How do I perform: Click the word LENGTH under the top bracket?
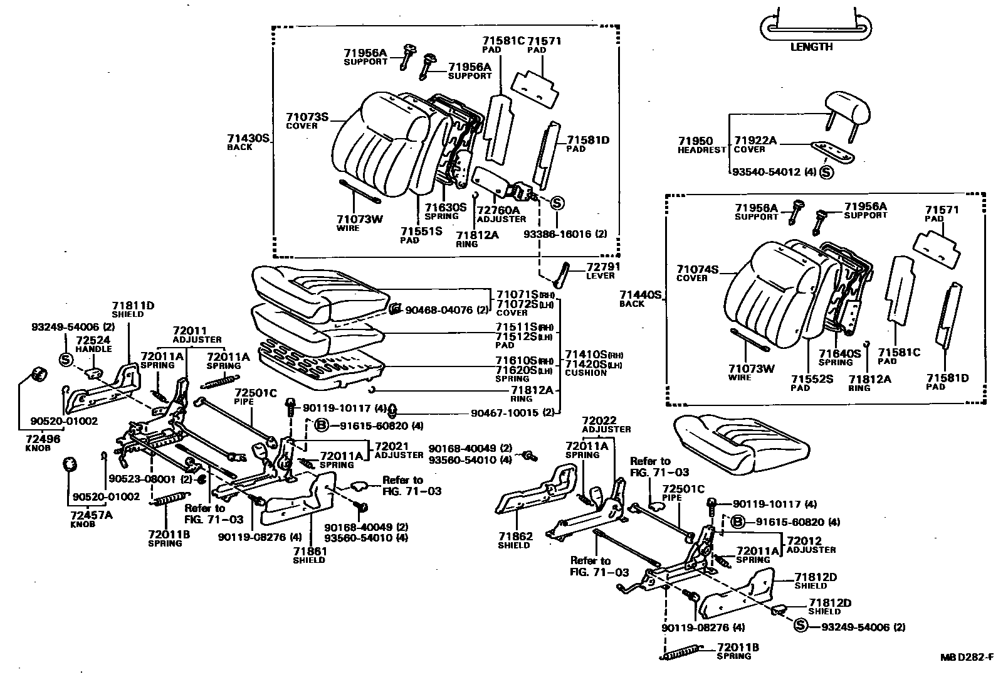click(811, 47)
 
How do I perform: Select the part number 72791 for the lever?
click(602, 267)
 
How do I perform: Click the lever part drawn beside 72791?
click(562, 274)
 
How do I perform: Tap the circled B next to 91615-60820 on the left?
click(321, 425)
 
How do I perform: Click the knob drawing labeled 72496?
click(39, 375)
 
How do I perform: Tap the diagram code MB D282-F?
click(966, 658)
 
